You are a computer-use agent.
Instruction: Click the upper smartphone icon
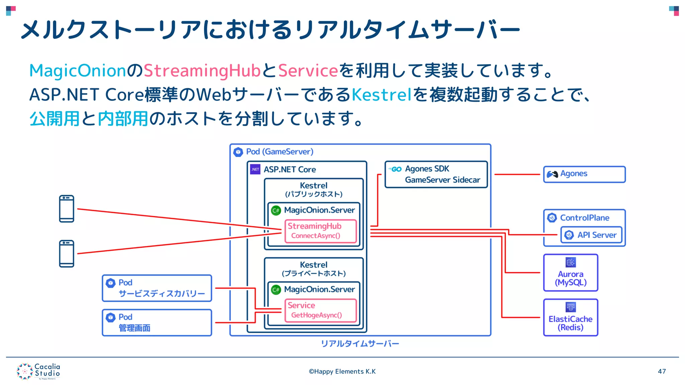click(x=67, y=209)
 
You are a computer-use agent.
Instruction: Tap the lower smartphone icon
click(x=67, y=254)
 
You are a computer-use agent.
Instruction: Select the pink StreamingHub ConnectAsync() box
click(x=320, y=231)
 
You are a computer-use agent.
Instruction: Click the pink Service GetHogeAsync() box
click(x=320, y=310)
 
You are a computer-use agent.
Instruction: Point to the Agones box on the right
click(x=584, y=174)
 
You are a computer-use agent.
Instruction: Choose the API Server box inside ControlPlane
click(x=591, y=235)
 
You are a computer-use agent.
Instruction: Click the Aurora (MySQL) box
click(x=571, y=273)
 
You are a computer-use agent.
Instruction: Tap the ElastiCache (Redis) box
click(x=571, y=317)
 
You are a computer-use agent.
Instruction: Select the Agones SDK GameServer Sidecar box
click(x=436, y=174)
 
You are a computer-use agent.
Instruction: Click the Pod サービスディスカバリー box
click(x=157, y=288)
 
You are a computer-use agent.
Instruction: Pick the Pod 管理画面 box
click(x=157, y=323)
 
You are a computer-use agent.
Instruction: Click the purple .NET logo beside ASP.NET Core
click(x=255, y=169)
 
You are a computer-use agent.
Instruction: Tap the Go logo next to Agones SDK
click(x=395, y=169)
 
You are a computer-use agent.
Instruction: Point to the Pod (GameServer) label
click(x=280, y=152)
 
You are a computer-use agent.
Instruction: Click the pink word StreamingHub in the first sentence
click(x=202, y=71)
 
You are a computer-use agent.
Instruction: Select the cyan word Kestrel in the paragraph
click(x=381, y=95)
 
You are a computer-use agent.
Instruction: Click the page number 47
click(x=662, y=371)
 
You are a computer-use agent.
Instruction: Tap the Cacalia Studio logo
click(x=38, y=371)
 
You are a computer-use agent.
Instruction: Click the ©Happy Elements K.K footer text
click(x=342, y=371)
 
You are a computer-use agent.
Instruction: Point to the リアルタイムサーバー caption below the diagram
click(x=360, y=344)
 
